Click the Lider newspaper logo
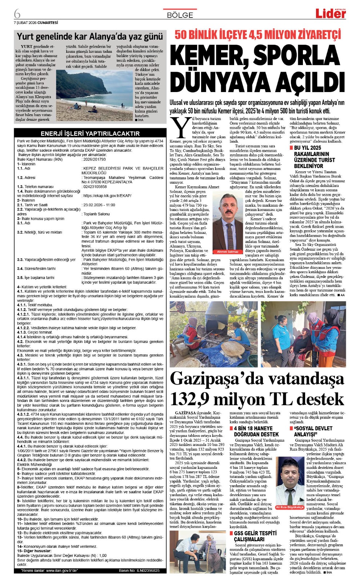click(x=330, y=13)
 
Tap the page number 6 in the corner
click(x=17, y=14)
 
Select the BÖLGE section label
click(x=180, y=15)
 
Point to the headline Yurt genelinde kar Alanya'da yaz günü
click(x=90, y=36)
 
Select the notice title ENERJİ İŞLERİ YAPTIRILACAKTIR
click(x=90, y=133)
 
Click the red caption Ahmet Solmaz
click(x=228, y=251)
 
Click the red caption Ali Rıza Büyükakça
click(x=289, y=507)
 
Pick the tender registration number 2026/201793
click(x=95, y=159)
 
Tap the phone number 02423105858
click(x=95, y=187)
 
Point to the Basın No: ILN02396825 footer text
click(x=139, y=570)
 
